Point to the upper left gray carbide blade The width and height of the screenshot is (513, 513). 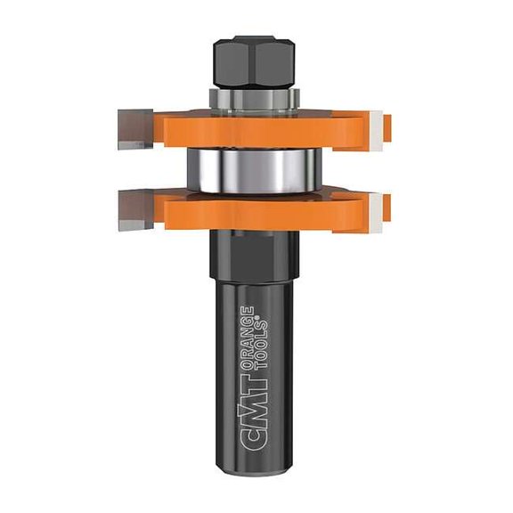(x=134, y=126)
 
